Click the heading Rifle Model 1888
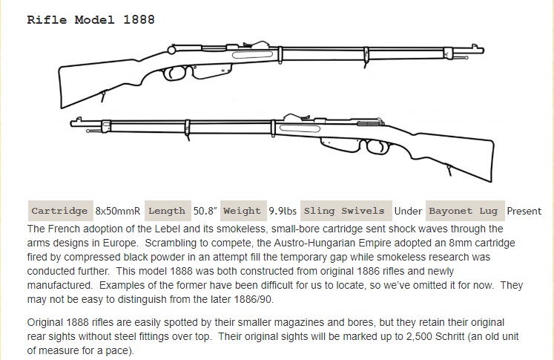[90, 19]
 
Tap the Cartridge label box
[60, 211]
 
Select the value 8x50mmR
[118, 211]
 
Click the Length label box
[168, 211]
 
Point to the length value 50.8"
[205, 211]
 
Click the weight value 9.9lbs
[283, 211]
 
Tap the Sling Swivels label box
[346, 211]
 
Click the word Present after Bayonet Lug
[524, 211]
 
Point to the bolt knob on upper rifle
[171, 50]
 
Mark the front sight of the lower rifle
[79, 120]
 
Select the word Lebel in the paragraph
[168, 229]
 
